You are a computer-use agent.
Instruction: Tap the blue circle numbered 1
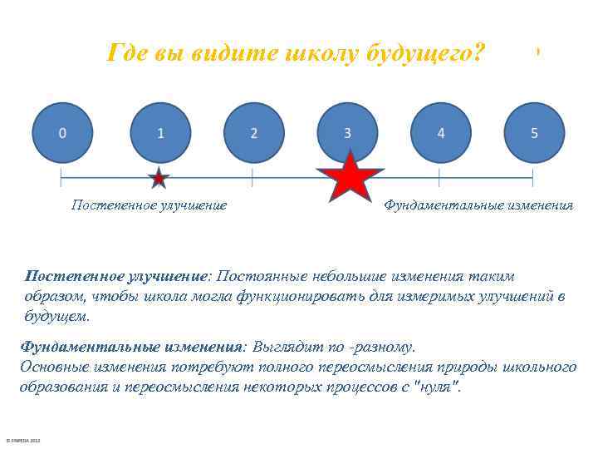[160, 133]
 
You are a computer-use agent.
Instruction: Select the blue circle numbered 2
[254, 133]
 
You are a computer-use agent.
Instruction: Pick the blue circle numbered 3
[347, 133]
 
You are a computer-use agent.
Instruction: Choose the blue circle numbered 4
[441, 133]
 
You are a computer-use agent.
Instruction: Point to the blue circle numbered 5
[534, 133]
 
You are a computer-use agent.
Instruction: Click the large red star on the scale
[350, 177]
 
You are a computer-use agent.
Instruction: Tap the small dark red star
[159, 178]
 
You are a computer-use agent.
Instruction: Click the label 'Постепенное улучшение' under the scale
[149, 205]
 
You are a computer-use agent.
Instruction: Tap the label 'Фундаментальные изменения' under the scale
[478, 205]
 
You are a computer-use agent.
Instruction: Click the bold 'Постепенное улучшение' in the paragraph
[115, 275]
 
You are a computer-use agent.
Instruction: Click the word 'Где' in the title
[127, 54]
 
